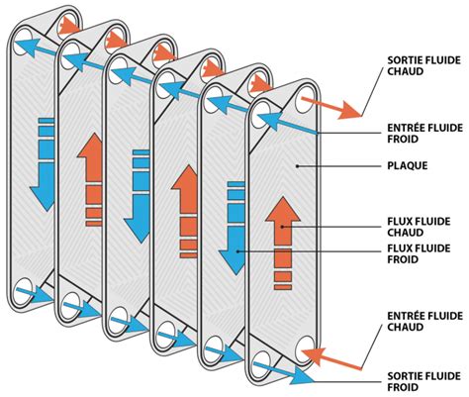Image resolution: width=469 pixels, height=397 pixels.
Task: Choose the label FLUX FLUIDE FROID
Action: (415, 254)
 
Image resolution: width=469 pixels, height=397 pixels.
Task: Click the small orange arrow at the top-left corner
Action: (66, 23)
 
